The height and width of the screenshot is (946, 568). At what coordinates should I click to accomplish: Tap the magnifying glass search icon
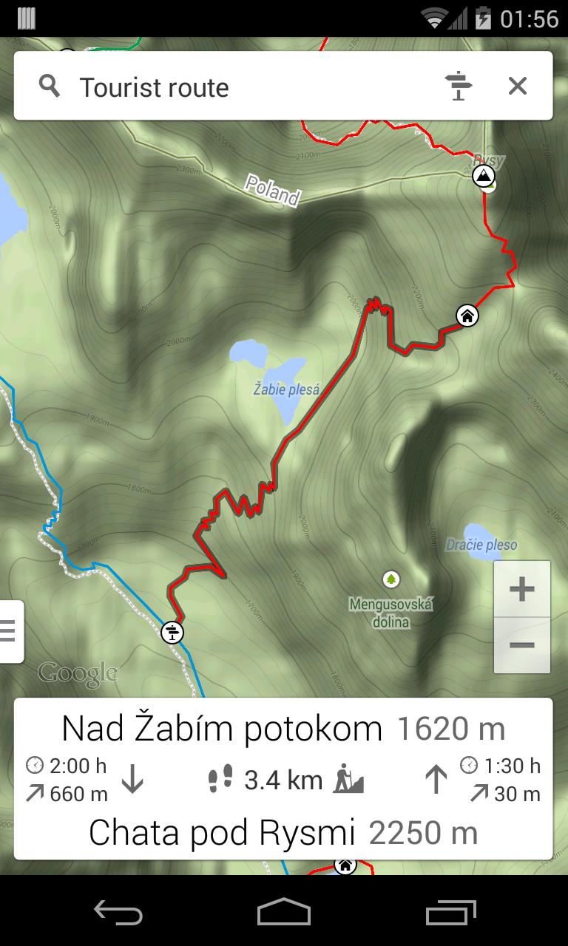[50, 86]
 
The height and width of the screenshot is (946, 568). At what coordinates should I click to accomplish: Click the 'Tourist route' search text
[154, 87]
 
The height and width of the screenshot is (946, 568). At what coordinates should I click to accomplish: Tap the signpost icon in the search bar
[459, 86]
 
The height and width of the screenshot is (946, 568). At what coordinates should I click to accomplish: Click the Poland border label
[273, 190]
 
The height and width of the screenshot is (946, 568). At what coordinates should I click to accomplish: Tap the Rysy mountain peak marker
[483, 176]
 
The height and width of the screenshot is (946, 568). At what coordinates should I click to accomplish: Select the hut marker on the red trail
[467, 316]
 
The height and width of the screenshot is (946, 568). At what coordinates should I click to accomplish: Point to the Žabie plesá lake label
[286, 389]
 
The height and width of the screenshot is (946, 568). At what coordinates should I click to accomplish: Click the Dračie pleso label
[481, 545]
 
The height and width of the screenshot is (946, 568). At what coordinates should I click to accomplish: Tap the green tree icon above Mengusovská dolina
[390, 579]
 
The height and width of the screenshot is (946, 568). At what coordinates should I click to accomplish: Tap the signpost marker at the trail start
[172, 633]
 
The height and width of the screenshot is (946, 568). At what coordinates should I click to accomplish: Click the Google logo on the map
[78, 673]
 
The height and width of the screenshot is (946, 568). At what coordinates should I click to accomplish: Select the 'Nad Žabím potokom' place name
[221, 729]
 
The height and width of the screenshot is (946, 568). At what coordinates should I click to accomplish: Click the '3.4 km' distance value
[283, 780]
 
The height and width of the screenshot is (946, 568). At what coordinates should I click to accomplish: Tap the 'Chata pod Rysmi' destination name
[222, 833]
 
